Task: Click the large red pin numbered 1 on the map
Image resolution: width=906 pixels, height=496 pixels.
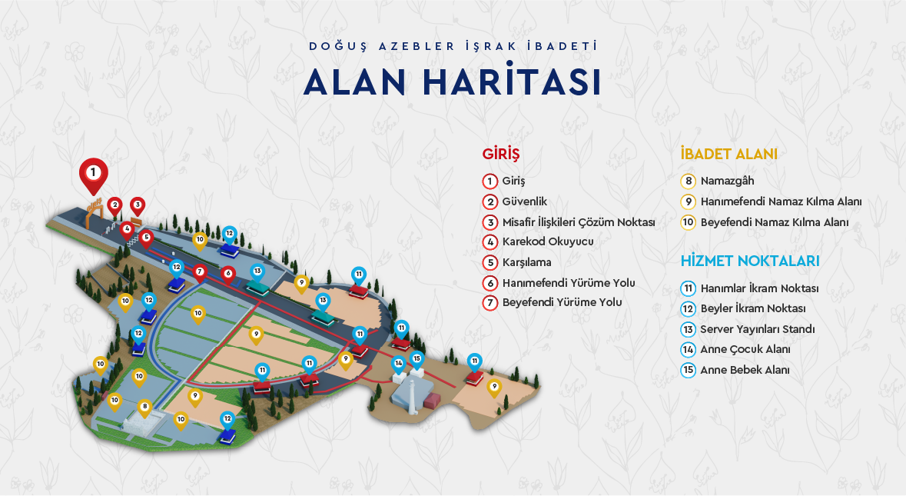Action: click(94, 170)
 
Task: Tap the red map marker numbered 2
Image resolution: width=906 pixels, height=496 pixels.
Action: click(114, 205)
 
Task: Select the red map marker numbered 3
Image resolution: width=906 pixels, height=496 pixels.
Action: click(138, 205)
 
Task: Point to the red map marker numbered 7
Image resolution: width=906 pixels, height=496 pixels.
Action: click(200, 271)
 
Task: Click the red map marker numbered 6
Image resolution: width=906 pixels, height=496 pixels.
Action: click(227, 273)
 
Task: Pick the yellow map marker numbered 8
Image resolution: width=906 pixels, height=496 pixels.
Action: click(144, 406)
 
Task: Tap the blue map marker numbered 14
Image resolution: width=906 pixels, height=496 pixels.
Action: click(398, 363)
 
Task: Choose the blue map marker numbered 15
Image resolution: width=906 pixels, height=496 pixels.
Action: click(416, 358)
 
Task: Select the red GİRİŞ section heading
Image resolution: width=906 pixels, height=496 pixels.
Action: click(501, 154)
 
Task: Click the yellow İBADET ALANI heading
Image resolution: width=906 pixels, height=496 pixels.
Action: click(728, 154)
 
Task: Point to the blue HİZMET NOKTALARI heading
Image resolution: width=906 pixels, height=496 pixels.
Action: click(750, 261)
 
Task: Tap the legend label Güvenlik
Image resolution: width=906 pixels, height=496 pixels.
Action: click(525, 201)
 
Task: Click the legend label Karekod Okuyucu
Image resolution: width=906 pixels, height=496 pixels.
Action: click(548, 241)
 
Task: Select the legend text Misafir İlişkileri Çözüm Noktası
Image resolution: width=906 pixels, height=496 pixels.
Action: click(578, 221)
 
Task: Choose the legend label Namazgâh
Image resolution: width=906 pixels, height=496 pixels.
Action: click(727, 181)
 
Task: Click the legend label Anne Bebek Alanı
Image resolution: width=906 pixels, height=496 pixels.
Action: click(745, 370)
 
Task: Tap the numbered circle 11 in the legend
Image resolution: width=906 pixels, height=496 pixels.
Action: click(689, 289)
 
